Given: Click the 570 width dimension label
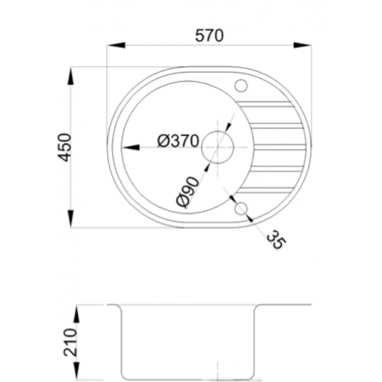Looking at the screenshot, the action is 209,36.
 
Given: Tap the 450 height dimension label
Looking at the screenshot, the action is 63,147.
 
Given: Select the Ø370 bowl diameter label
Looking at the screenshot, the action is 178,141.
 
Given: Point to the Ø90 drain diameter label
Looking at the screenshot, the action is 188,192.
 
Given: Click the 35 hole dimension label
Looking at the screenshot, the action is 276,240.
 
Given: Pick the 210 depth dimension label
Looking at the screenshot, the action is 70,342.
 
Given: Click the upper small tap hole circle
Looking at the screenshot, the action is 241,86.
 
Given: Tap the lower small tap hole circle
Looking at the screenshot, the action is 241,209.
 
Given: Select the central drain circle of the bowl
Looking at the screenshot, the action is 217,147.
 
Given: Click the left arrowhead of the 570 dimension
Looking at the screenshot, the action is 116,45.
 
